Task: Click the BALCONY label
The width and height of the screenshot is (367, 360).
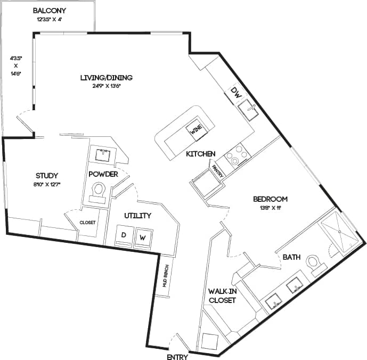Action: tap(50, 11)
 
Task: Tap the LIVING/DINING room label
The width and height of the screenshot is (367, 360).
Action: tap(106, 78)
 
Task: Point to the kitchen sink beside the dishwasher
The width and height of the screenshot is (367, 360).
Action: tap(248, 110)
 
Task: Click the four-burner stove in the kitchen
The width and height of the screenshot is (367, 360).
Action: tap(236, 155)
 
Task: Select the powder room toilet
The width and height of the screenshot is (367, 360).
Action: tap(99, 191)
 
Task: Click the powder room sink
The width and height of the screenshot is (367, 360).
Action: tap(103, 156)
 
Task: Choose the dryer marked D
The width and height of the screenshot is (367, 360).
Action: tap(124, 236)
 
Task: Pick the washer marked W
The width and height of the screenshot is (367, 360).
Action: tap(142, 237)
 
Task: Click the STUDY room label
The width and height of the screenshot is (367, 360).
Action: tap(47, 176)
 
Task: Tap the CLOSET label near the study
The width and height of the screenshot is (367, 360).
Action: tap(87, 222)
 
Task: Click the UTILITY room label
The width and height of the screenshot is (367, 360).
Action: tap(138, 216)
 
